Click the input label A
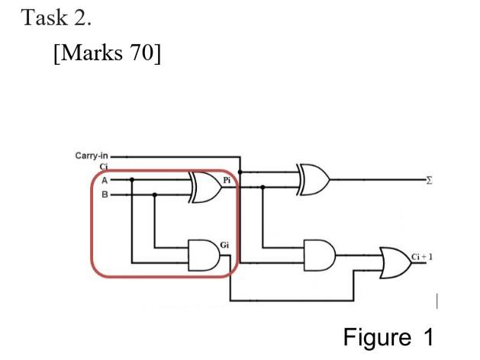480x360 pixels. tap(105, 181)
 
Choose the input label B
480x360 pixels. tap(105, 195)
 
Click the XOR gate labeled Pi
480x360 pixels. tap(205, 187)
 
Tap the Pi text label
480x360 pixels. tap(227, 180)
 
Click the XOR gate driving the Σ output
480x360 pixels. tap(314, 179)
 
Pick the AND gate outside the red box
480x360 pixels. tap(320, 252)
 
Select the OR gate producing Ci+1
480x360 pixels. tap(393, 263)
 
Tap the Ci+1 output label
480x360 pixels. tap(423, 256)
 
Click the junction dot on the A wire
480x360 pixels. tap(132, 181)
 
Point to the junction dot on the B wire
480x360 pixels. tap(155, 195)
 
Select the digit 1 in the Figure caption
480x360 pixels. tap(427, 336)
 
